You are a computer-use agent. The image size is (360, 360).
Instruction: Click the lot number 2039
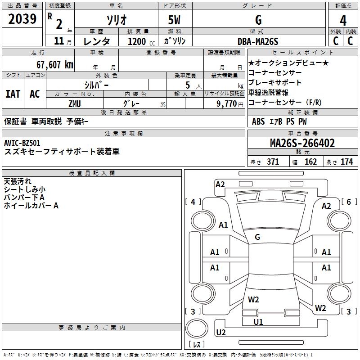[22, 20]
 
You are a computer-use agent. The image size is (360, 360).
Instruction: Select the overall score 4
[343, 21]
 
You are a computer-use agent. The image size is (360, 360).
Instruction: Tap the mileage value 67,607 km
[51, 64]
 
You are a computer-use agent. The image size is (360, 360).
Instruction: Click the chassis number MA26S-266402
[302, 144]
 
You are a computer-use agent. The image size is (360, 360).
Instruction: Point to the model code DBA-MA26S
[258, 41]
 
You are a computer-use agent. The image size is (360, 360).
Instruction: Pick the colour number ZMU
[75, 103]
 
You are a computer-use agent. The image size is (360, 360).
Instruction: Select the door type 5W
[175, 21]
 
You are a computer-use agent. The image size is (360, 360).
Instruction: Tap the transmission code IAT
[13, 94]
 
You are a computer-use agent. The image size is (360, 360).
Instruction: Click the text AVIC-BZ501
[22, 143]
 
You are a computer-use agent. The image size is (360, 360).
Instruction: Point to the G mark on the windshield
[257, 237]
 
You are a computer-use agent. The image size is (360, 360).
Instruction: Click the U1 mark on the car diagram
[258, 322]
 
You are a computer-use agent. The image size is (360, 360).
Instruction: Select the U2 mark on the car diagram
[221, 332]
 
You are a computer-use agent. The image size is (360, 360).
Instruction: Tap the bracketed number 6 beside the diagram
[348, 202]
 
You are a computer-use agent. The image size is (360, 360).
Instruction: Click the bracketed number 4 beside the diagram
[193, 202]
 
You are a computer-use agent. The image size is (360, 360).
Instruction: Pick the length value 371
[273, 162]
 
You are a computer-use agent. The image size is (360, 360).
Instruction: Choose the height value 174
[346, 162]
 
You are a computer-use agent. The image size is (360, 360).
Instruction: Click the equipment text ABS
[258, 121]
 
